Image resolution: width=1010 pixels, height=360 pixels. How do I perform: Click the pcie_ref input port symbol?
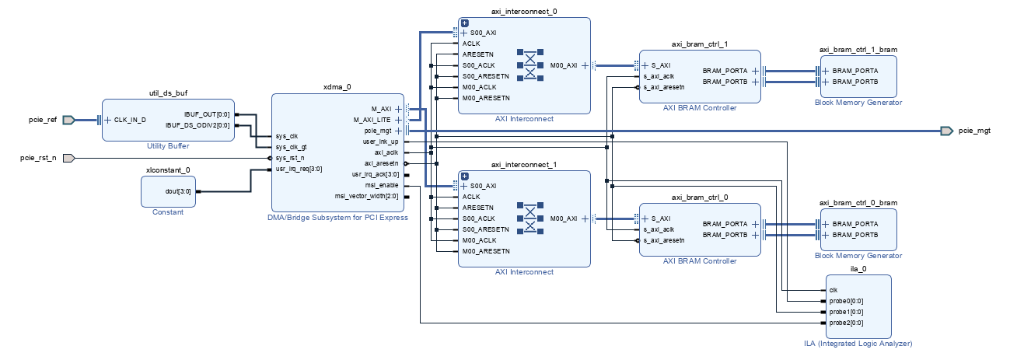point(68,120)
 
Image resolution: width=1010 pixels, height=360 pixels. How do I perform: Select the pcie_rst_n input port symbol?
point(68,159)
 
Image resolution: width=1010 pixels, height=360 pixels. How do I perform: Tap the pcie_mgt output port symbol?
point(947,131)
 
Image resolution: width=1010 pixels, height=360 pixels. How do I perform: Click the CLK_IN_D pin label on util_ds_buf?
point(130,120)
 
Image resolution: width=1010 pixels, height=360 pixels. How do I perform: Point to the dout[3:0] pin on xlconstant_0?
point(178,191)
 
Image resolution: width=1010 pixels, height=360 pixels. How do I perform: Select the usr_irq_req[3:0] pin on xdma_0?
point(299,170)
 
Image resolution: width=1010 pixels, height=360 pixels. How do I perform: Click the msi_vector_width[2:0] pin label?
point(366,196)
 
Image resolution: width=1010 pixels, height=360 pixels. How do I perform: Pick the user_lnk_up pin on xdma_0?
point(380,142)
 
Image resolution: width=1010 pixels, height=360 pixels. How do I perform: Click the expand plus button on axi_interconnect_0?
point(465,23)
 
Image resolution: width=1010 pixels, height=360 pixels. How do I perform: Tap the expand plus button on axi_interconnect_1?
point(465,177)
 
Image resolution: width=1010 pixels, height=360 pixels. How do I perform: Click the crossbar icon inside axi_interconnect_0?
point(530,65)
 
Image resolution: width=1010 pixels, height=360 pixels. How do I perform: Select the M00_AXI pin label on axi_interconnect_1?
point(564,218)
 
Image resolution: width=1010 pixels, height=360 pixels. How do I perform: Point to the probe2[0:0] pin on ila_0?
point(846,323)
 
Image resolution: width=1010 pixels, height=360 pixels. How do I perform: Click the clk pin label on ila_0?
point(834,290)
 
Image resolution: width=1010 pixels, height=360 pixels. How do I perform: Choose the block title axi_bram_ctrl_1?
point(700,44)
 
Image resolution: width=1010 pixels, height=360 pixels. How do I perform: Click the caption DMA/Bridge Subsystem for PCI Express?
point(337,218)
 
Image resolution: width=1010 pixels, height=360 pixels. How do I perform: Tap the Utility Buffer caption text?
point(168,146)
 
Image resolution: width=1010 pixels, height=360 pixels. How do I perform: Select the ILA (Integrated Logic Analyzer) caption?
point(858,344)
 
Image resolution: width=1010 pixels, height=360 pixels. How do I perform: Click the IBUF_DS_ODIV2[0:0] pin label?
point(197,125)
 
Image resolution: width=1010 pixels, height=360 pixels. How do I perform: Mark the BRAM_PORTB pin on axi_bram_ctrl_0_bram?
point(855,235)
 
